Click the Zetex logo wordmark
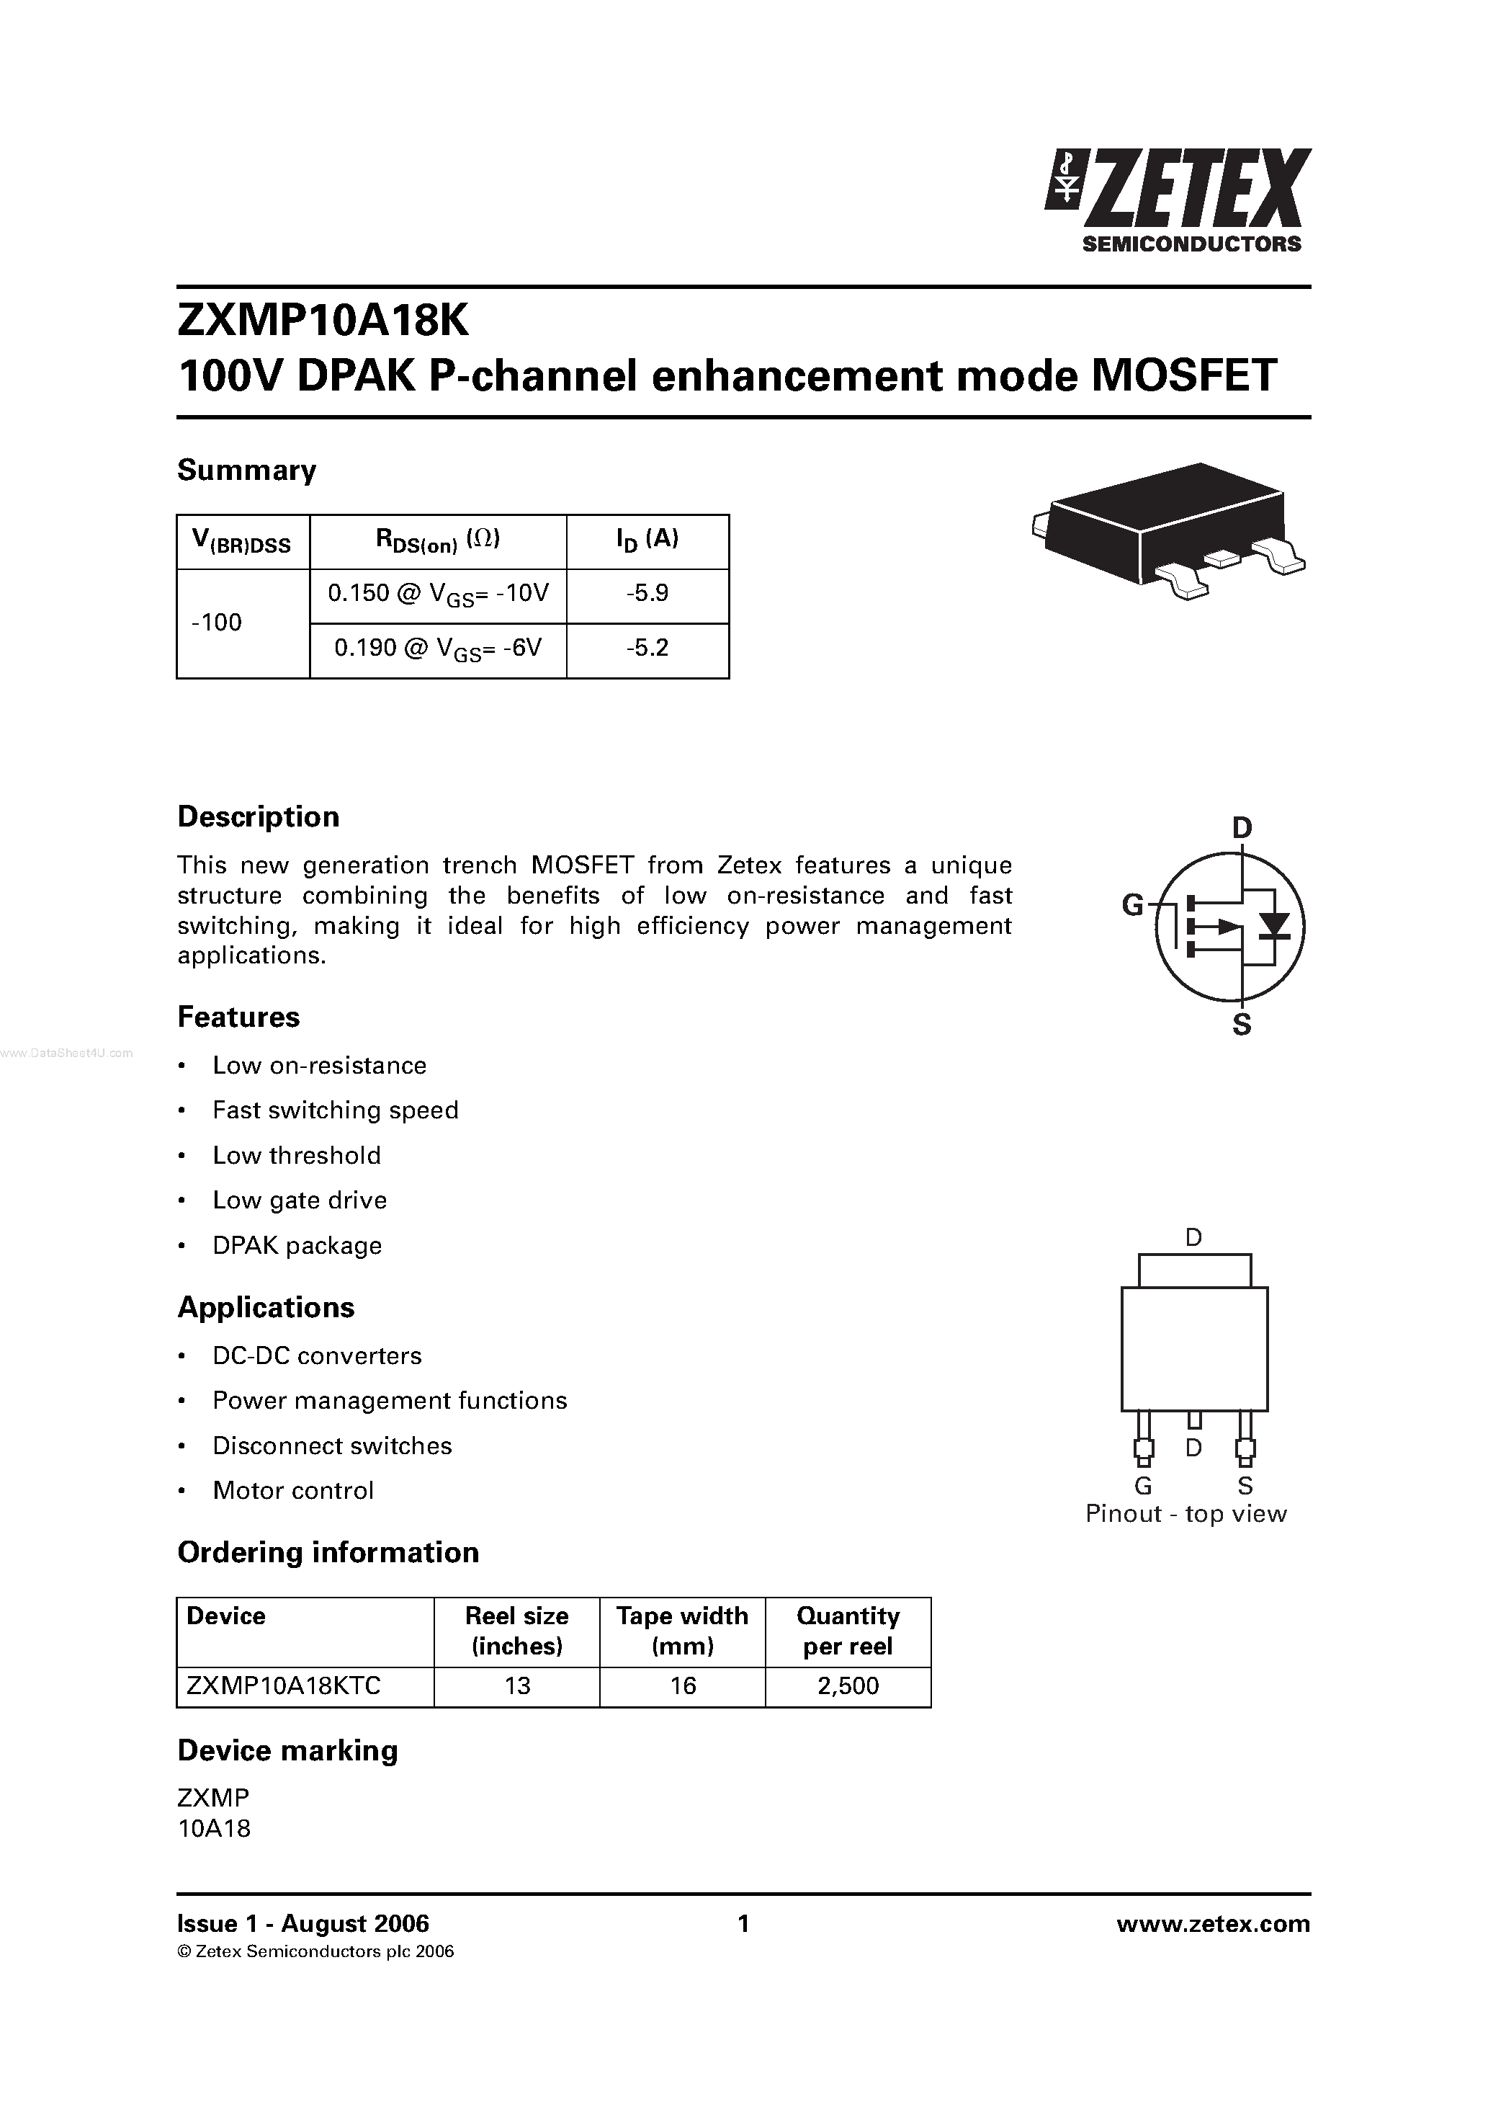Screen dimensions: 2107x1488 pos(1193,191)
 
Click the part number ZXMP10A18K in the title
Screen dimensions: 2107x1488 pos(322,321)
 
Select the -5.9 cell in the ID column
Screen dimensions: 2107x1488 pos(647,594)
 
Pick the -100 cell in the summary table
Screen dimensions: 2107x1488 pos(218,623)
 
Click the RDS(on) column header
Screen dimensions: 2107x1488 pos(438,540)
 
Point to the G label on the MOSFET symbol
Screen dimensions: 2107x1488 pos(1133,906)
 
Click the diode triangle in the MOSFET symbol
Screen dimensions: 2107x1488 pos(1273,925)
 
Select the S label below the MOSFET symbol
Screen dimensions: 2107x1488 pos(1241,1026)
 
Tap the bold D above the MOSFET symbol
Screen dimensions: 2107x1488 pos(1241,829)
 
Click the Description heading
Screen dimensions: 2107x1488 pos(258,816)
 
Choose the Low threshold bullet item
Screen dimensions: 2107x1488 pos(296,1155)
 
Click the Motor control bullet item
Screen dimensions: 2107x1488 pos(292,1490)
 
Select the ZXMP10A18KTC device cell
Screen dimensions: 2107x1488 pos(284,1685)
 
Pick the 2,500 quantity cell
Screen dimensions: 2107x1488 pos(848,1685)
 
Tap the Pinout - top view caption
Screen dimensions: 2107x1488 pos(1186,1514)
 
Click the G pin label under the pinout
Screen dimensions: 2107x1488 pos(1143,1486)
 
